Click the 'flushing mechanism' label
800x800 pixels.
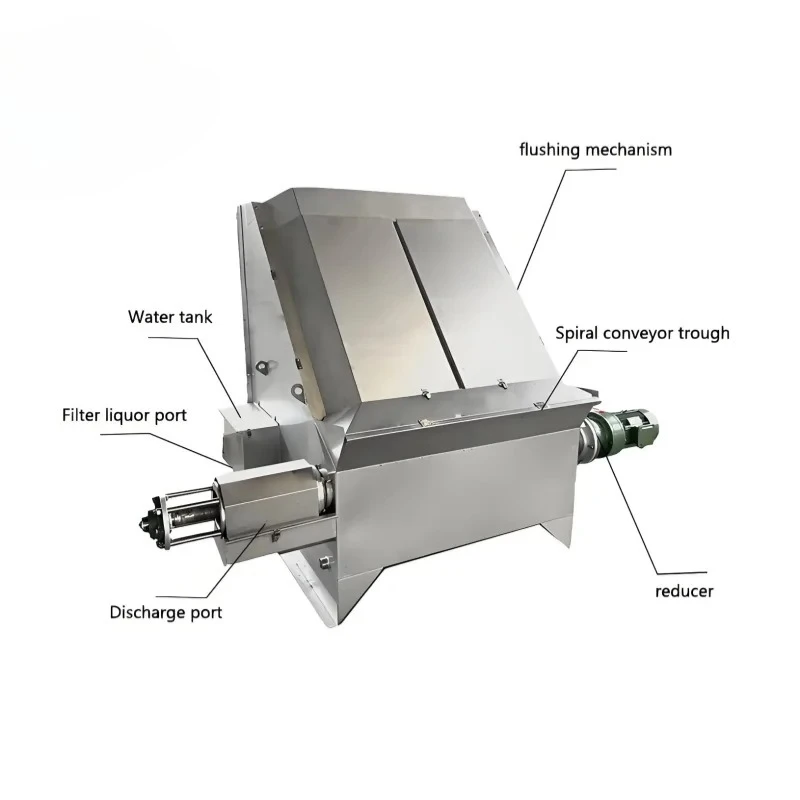595,150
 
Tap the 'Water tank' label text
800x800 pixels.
170,317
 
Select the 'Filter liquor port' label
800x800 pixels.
124,415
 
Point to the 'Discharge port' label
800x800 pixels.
166,612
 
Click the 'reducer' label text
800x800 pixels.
684,592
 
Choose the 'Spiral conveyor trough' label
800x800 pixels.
642,333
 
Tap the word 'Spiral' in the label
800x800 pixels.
577,334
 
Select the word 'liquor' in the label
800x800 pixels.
128,416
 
